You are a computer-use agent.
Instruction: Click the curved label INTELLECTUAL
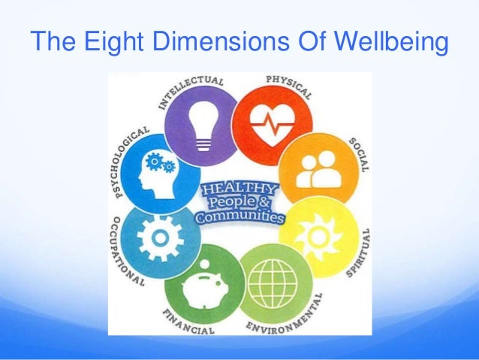[x=191, y=86]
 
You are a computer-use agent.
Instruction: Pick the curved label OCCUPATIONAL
[x=122, y=252]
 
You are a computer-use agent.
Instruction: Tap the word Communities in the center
[x=239, y=218]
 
